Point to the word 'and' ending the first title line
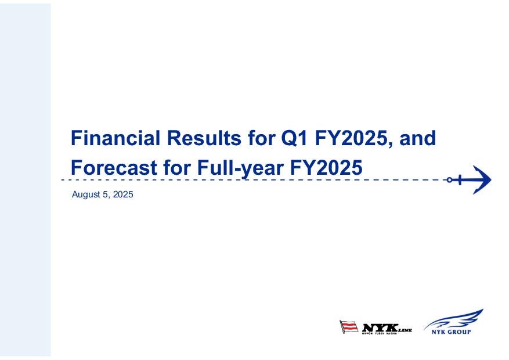[417, 138]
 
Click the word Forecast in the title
[114, 167]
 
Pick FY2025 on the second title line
[326, 167]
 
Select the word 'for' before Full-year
[177, 167]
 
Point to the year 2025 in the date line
[124, 195]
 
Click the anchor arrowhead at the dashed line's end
[483, 180]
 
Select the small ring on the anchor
[449, 180]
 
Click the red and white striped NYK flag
[349, 326]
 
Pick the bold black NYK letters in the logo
[380, 328]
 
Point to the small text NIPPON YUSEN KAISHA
[380, 334]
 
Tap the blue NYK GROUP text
[451, 332]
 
